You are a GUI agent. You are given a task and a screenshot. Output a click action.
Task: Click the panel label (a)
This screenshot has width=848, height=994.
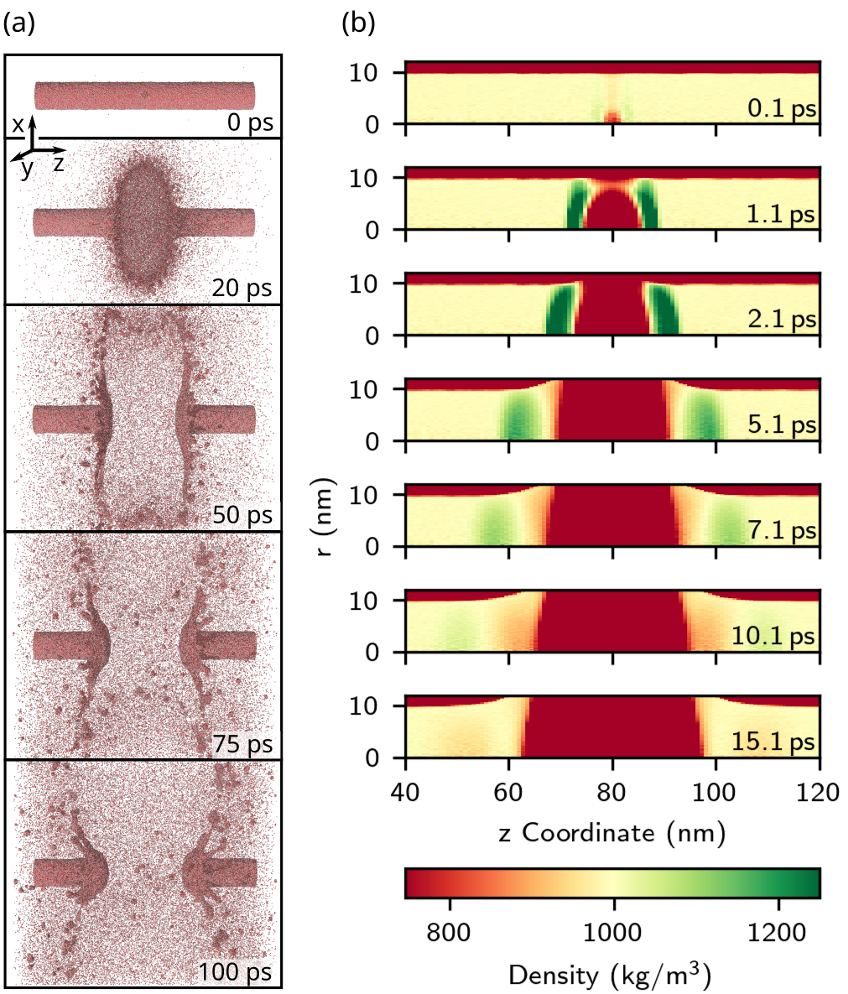[x=20, y=24]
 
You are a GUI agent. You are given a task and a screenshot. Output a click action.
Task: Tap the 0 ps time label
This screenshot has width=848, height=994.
[x=250, y=122]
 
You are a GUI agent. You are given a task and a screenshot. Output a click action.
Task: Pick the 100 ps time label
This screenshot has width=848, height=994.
[x=236, y=972]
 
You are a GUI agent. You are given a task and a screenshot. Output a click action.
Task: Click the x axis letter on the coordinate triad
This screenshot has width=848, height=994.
[x=18, y=123]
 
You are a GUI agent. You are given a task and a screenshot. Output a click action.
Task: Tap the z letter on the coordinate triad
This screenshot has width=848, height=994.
[x=59, y=163]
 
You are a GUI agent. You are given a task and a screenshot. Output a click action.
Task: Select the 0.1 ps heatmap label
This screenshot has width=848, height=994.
[x=781, y=109]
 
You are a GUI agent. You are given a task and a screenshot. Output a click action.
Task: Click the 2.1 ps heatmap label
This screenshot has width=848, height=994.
[x=781, y=320]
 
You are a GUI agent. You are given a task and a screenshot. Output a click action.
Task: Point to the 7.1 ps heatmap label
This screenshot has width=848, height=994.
[x=781, y=531]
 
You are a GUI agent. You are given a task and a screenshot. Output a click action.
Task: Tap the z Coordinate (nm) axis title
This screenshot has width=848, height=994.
[x=612, y=833]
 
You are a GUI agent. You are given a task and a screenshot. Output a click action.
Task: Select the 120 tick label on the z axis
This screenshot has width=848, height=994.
[x=819, y=791]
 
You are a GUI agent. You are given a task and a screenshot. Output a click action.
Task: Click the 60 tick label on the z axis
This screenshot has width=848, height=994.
[x=508, y=791]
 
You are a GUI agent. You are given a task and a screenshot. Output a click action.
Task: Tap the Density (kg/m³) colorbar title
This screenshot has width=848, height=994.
[x=611, y=975]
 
